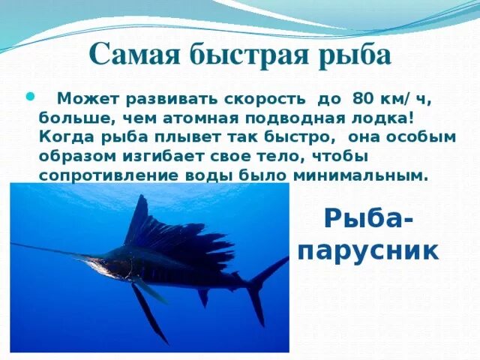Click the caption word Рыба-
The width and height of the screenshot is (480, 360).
367,220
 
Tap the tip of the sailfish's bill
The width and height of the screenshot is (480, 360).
13,244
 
